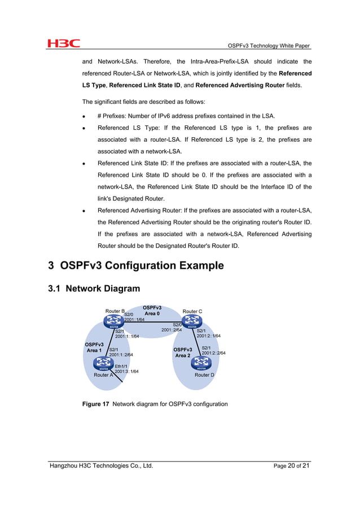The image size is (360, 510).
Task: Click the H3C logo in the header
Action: pyautogui.click(x=63, y=43)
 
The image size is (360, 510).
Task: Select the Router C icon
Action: pyautogui.click(x=192, y=322)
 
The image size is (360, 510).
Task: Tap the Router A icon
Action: pyautogui.click(x=104, y=364)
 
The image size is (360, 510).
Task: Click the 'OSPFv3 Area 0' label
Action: pyautogui.click(x=152, y=310)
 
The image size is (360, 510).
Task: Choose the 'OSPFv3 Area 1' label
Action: pyautogui.click(x=94, y=347)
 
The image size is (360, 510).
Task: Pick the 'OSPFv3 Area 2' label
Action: pyautogui.click(x=183, y=352)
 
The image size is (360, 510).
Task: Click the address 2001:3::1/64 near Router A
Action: pyautogui.click(x=126, y=372)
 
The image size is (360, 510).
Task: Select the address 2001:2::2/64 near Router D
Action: pyautogui.click(x=213, y=353)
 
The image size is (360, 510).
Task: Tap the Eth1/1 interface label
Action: pyautogui.click(x=121, y=366)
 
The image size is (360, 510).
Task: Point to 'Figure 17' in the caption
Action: pyautogui.click(x=95, y=404)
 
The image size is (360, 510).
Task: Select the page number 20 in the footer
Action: pyautogui.click(x=292, y=466)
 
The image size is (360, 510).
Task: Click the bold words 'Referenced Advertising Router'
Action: pyautogui.click(x=240, y=85)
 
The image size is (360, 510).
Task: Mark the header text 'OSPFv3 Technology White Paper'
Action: pyautogui.click(x=268, y=45)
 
